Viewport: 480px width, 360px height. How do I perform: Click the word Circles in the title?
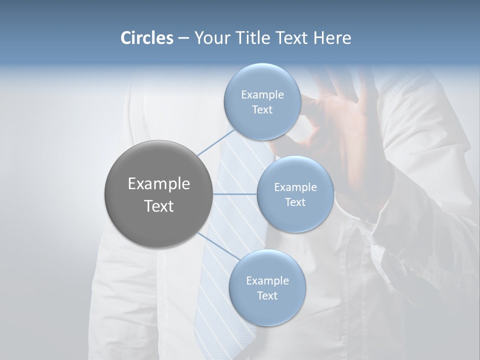[x=147, y=38]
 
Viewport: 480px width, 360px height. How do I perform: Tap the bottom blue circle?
[x=267, y=312]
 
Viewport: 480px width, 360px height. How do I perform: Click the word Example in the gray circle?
[x=159, y=184]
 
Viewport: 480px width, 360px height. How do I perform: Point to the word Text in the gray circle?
[x=159, y=206]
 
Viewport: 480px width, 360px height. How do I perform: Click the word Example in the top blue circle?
[x=262, y=95]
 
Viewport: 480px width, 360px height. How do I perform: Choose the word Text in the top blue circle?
[x=262, y=110]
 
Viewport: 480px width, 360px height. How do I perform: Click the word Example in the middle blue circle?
[x=295, y=187]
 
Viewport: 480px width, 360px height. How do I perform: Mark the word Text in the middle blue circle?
[x=295, y=202]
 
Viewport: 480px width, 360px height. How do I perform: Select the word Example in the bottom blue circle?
[x=267, y=281]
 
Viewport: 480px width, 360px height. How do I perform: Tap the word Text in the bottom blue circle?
[x=267, y=296]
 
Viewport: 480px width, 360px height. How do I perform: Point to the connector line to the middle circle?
[x=235, y=194]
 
